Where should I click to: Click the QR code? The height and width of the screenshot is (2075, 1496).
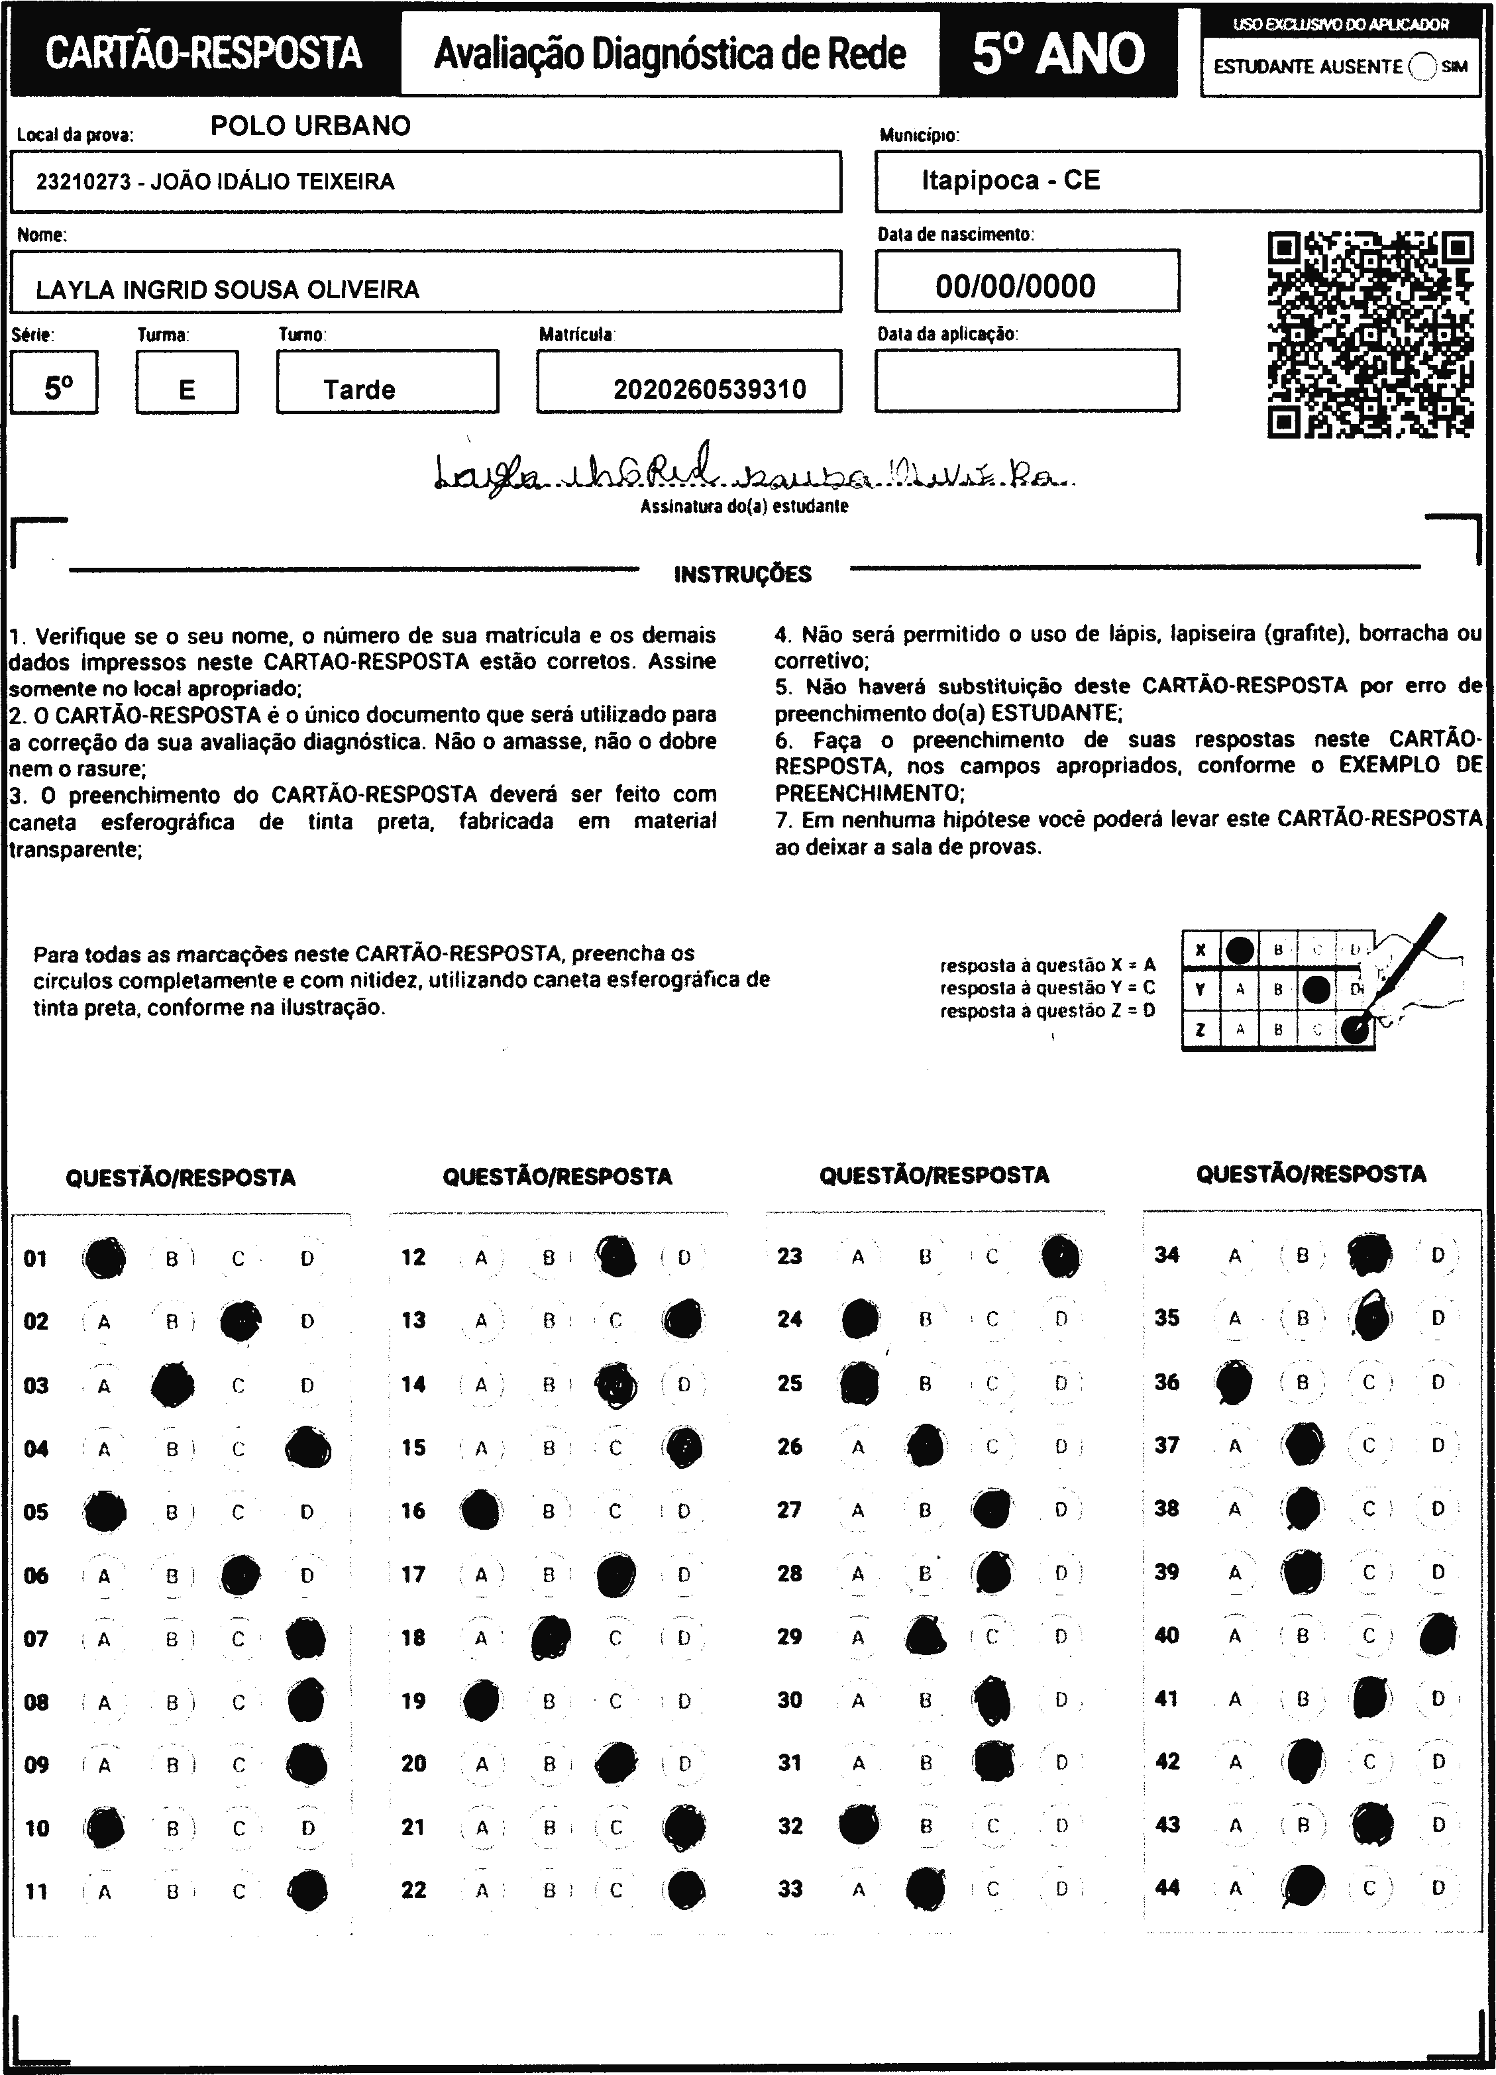(x=1369, y=335)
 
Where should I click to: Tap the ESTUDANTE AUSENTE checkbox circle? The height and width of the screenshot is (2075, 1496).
(x=1424, y=67)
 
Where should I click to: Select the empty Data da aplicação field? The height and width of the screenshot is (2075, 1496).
(x=1027, y=380)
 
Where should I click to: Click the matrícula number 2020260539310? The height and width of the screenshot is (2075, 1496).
(x=709, y=390)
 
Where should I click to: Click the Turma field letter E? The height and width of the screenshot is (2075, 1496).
(x=187, y=390)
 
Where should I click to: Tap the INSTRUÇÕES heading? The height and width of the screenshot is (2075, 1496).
(x=742, y=574)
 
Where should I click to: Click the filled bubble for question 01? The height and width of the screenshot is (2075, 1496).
(x=104, y=1258)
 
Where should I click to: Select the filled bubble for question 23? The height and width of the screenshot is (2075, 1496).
(x=1061, y=1256)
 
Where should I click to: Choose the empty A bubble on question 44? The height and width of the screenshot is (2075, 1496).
(x=1235, y=1888)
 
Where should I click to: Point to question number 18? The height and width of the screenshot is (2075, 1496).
(x=413, y=1638)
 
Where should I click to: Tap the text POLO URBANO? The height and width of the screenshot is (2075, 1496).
(x=310, y=127)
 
